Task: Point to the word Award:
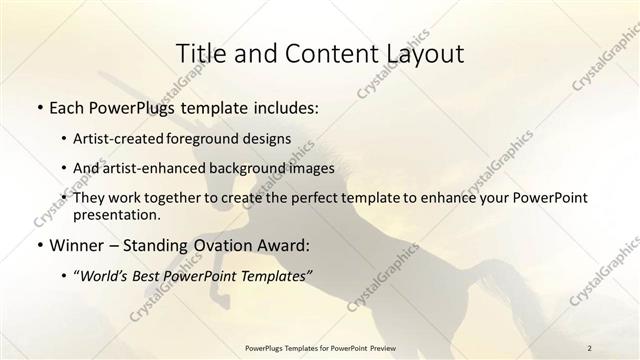click(x=286, y=244)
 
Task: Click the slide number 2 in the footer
click(x=590, y=347)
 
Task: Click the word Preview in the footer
click(x=389, y=347)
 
